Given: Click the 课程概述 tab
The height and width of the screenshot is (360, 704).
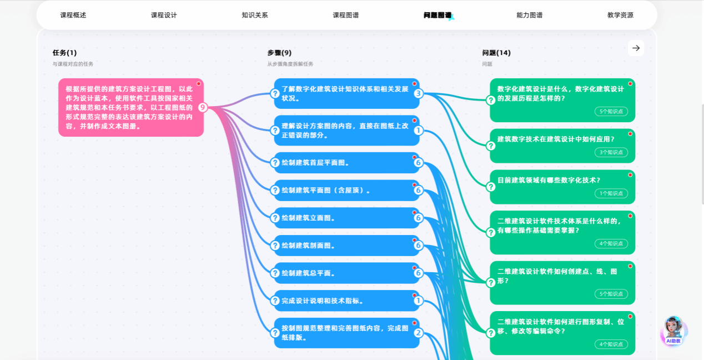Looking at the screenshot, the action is tap(73, 15).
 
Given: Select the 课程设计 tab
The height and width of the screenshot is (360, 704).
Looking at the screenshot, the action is tap(164, 15).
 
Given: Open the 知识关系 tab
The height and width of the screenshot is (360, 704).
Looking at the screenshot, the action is tap(255, 15).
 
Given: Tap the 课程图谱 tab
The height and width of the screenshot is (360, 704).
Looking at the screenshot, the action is tap(346, 15).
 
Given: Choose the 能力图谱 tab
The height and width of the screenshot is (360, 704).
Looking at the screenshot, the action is tap(529, 15).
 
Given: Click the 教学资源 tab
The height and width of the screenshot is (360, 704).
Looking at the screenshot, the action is tap(620, 15).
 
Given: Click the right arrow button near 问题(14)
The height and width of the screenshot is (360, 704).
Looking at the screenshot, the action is tap(636, 48).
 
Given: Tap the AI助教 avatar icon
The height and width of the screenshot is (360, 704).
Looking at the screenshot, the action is tap(673, 331).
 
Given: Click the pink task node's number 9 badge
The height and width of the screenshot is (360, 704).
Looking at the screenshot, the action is tap(203, 108).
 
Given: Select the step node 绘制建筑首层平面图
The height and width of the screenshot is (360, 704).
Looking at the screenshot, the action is tap(346, 163).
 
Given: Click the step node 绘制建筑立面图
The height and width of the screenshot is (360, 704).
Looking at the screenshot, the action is tap(346, 218).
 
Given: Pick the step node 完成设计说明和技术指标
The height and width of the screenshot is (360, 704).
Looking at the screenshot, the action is tap(346, 301).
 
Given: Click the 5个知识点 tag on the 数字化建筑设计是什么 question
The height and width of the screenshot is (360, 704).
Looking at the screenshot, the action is tap(611, 111).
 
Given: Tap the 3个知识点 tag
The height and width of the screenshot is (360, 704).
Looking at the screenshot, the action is tap(611, 152).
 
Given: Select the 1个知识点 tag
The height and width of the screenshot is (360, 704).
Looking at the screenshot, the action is tap(611, 193).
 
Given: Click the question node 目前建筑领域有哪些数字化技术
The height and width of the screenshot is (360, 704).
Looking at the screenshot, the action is tap(562, 187).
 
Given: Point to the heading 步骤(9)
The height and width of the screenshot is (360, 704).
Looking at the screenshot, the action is tap(279, 53).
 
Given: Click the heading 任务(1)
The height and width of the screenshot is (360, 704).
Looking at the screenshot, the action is tap(64, 53).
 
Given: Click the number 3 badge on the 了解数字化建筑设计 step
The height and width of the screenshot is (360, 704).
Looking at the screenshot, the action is tap(418, 93).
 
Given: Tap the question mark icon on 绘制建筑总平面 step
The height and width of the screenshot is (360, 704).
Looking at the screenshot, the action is tap(275, 273).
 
